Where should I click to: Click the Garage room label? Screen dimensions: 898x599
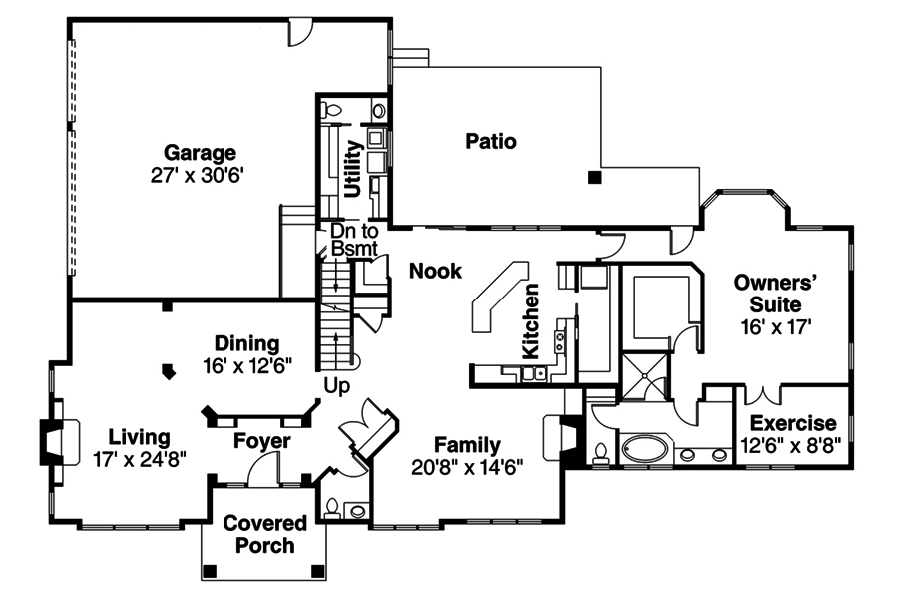[x=200, y=153]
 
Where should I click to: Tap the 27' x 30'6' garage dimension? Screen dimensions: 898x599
[x=198, y=175]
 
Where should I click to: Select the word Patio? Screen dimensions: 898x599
[x=491, y=141]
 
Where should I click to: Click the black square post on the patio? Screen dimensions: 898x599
[x=595, y=177]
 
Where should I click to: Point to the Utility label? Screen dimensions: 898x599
[x=353, y=169]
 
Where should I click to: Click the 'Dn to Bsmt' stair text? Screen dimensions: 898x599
[x=354, y=240]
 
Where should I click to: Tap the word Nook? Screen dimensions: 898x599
[x=435, y=271]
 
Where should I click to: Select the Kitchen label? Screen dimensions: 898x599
[x=531, y=321]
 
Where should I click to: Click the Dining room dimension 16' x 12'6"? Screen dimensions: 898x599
[x=247, y=365]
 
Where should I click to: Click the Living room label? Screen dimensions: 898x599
[x=139, y=437]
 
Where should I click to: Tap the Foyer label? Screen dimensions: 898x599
[x=262, y=441]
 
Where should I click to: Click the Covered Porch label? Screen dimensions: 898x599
[x=264, y=534]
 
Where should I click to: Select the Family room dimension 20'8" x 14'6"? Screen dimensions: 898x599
[x=467, y=468]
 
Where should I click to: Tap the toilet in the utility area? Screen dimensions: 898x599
[x=330, y=109]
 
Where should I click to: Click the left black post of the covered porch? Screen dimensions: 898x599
[x=211, y=571]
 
